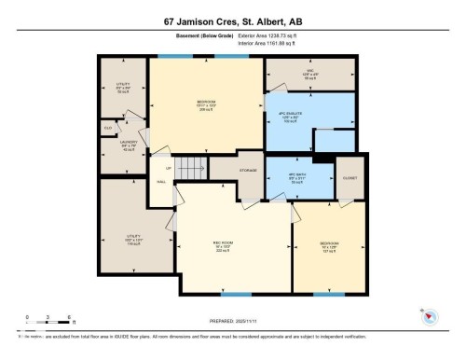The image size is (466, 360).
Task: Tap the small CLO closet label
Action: point(108,128)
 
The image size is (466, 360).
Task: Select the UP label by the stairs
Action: point(169,170)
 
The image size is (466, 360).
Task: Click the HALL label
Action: point(161,182)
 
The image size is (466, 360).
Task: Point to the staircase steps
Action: point(192,169)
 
